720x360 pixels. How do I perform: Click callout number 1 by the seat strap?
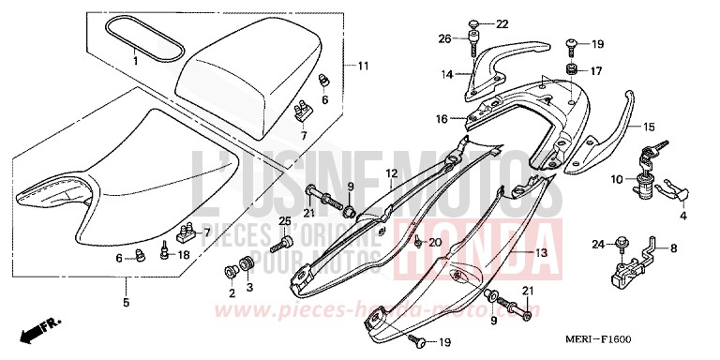pyautogui.click(x=134, y=61)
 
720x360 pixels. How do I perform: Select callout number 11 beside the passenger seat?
pyautogui.click(x=363, y=66)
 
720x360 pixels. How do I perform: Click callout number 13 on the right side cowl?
pyautogui.click(x=540, y=252)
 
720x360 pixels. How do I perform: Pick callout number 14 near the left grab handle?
pyautogui.click(x=448, y=73)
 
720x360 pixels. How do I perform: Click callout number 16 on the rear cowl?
pyautogui.click(x=441, y=120)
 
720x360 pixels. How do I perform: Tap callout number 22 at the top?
pyautogui.click(x=501, y=23)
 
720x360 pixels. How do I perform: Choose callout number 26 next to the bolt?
pyautogui.click(x=445, y=38)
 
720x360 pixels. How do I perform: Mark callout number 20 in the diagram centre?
pyautogui.click(x=434, y=243)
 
